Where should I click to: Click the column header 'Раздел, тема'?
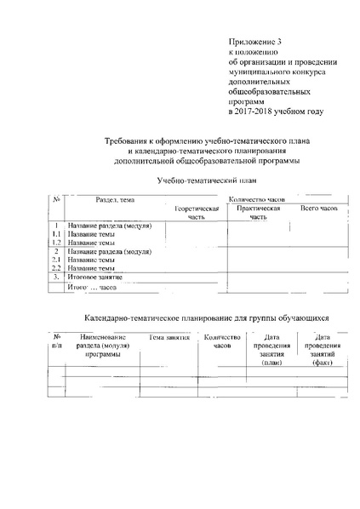115,199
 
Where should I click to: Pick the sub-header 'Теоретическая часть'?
196,212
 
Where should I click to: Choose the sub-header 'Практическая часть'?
259,212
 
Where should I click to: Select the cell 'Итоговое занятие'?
95,277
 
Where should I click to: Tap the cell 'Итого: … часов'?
91,289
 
